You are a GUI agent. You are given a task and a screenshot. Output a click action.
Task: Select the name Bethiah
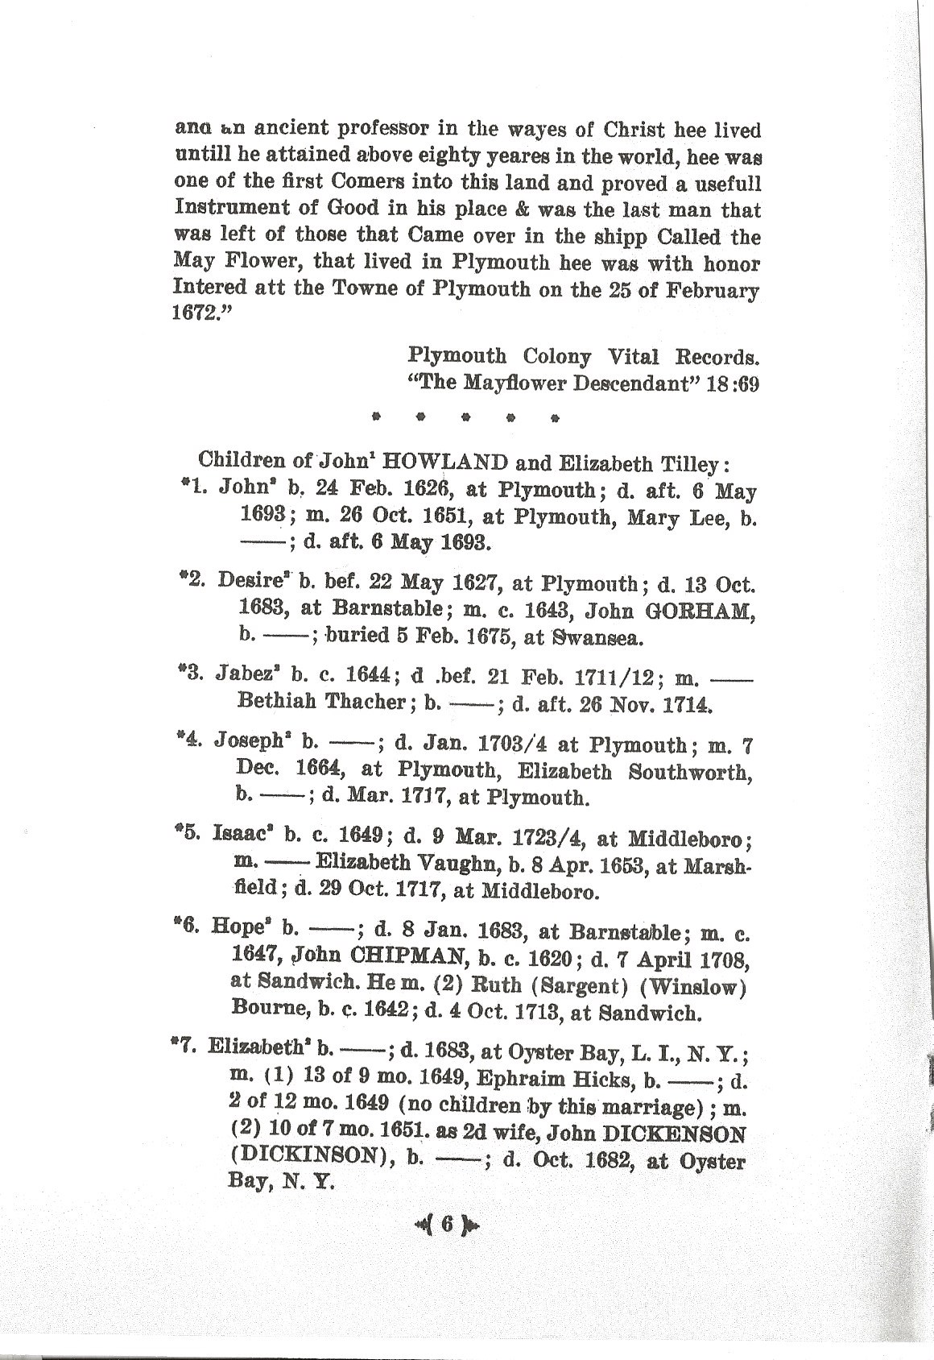coord(276,702)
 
